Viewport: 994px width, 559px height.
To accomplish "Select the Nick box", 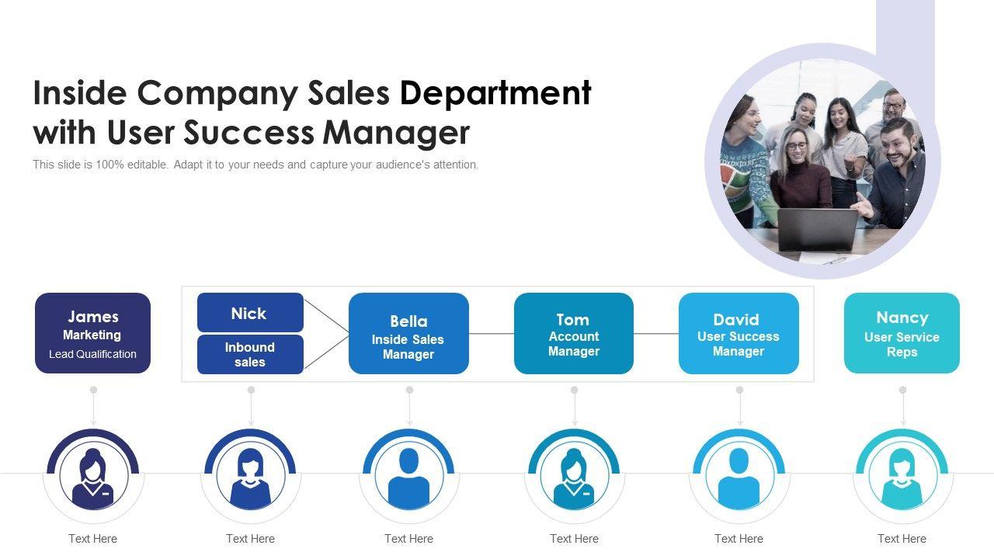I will point(250,313).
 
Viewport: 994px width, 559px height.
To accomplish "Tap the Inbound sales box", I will point(250,355).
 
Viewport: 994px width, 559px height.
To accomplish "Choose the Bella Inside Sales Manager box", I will point(408,334).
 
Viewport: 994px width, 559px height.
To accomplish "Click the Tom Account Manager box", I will point(573,334).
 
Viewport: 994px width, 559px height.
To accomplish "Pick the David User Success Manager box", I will point(738,334).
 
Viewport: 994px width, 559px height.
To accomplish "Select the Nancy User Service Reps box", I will point(902,333).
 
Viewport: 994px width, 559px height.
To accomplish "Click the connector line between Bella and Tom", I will point(491,334).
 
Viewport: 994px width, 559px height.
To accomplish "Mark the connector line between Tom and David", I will point(655,334).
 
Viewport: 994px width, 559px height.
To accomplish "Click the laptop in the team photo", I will point(817,229).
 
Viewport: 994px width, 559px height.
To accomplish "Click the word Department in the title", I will point(495,93).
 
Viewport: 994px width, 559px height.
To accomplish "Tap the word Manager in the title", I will point(396,133).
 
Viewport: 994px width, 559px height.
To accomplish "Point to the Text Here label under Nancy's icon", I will point(902,539).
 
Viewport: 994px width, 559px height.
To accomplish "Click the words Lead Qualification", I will point(92,354).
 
